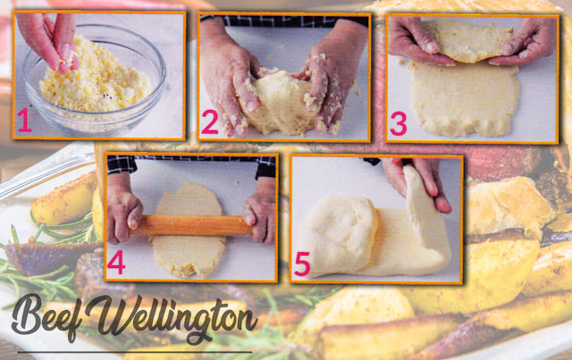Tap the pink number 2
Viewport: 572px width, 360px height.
coord(209,122)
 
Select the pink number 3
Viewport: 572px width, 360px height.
coord(398,123)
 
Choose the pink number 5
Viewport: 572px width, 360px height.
coord(302,264)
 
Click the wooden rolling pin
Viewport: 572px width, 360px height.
coord(191,225)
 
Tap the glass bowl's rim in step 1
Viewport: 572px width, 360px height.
coord(94,29)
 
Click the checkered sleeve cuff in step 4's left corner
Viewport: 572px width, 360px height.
coord(122,164)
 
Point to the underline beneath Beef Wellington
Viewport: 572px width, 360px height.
coord(135,352)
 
